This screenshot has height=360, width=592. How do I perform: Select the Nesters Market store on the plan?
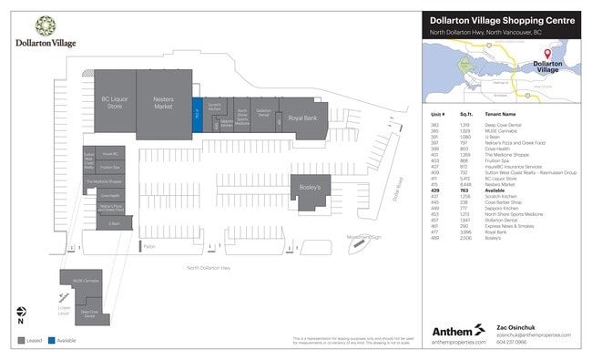164,103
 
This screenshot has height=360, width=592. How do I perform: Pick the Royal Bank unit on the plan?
301,118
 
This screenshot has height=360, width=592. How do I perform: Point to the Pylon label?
150,246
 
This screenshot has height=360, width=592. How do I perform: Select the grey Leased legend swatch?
20,341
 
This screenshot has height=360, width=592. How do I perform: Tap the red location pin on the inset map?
547,55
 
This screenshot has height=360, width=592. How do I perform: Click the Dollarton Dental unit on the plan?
263,115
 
